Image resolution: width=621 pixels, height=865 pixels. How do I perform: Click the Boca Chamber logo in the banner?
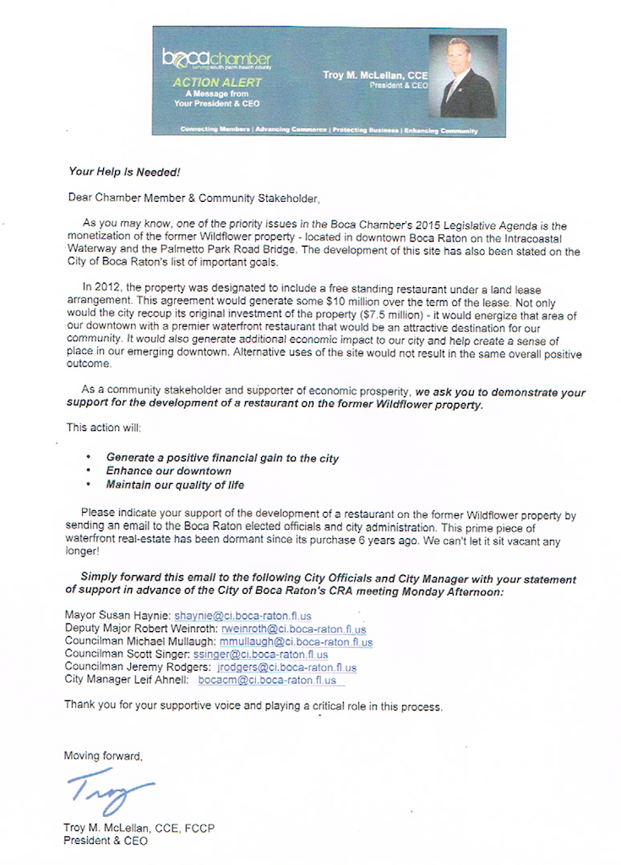tap(216, 59)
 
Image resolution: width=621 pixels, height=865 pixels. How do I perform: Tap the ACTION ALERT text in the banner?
tap(217, 83)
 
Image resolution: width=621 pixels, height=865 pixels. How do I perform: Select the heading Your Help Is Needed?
tap(124, 171)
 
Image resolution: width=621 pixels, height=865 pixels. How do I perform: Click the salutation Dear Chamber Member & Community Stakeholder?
tap(194, 199)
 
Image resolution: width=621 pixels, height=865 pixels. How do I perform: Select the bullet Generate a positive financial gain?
tap(222, 458)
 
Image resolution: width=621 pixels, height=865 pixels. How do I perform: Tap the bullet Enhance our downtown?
tap(168, 471)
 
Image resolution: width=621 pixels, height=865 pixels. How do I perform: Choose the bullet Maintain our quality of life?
tap(175, 485)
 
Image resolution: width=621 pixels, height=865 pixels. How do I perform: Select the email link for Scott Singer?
tap(261, 655)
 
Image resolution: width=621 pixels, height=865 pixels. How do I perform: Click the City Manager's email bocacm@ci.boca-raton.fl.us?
tap(267, 680)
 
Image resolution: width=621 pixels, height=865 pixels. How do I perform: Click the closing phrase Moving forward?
tap(103, 756)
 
